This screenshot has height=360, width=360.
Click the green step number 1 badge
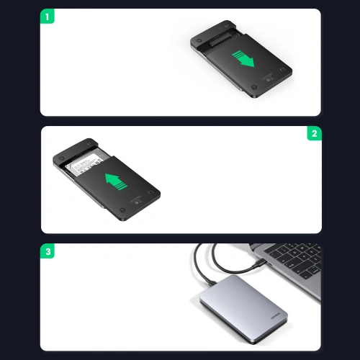pyautogui.click(x=48, y=15)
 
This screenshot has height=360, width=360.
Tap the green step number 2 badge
pyautogui.click(x=314, y=134)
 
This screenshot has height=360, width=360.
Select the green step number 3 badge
pyautogui.click(x=48, y=252)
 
